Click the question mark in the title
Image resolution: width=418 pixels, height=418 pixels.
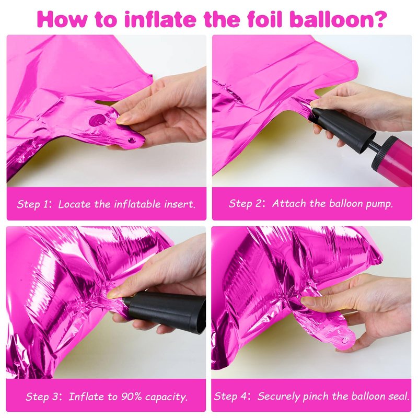coord(380,19)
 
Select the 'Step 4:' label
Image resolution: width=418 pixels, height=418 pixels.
coord(232,397)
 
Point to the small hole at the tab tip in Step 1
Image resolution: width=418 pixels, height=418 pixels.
coord(132,140)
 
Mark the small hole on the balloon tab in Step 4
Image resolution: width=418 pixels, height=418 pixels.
coord(345,340)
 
